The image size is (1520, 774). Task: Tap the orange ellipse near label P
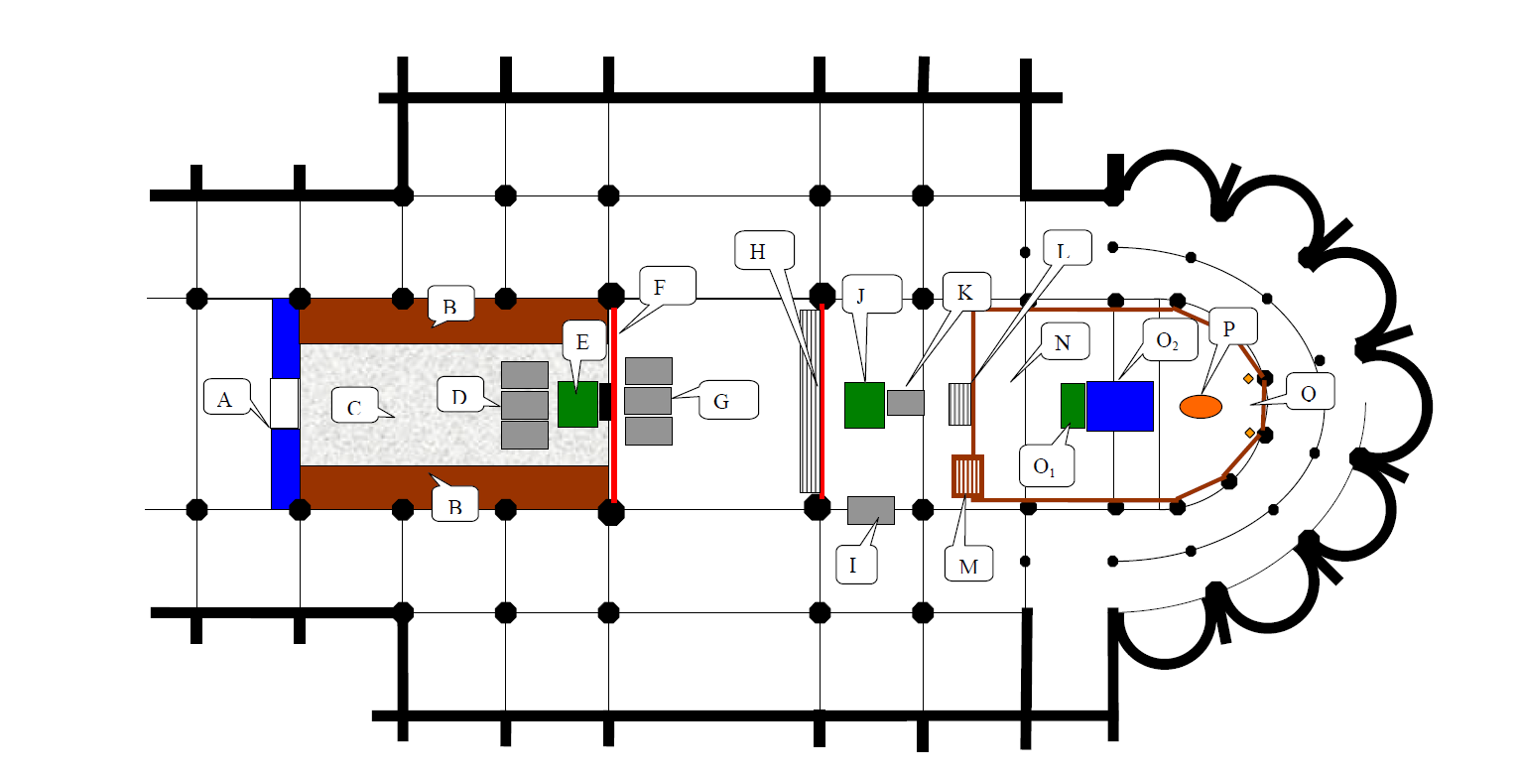(1201, 407)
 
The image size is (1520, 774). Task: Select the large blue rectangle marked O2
(1119, 406)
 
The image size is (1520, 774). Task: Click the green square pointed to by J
(864, 405)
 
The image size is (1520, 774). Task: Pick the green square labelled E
(577, 404)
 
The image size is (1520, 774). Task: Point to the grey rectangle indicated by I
(870, 511)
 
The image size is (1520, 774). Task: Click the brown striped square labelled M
(967, 476)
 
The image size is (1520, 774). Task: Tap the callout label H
(764, 250)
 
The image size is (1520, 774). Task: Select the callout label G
(728, 400)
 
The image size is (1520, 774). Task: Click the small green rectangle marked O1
(1073, 405)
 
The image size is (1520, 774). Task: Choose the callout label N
(1065, 340)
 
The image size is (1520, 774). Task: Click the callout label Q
(1311, 391)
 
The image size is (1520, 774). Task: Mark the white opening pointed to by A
(285, 403)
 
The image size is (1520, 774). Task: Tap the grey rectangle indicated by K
(905, 403)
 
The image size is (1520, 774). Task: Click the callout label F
(667, 285)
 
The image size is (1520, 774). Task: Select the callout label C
(355, 405)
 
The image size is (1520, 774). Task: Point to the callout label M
(969, 564)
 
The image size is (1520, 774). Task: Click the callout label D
(460, 395)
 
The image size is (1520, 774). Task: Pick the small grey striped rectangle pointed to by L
(959, 404)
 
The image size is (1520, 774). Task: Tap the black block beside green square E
(605, 402)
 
